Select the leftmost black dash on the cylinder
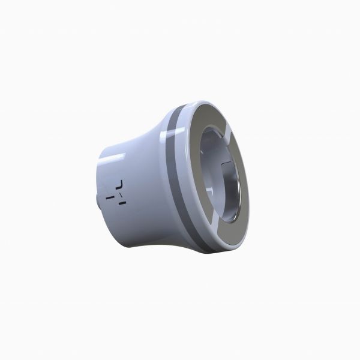click(109, 195)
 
